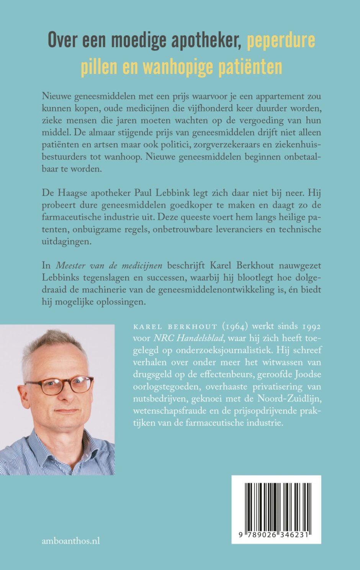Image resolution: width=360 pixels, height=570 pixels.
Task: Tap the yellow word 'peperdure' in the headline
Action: [281, 41]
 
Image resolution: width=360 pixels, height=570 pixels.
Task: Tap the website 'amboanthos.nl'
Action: [70, 541]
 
